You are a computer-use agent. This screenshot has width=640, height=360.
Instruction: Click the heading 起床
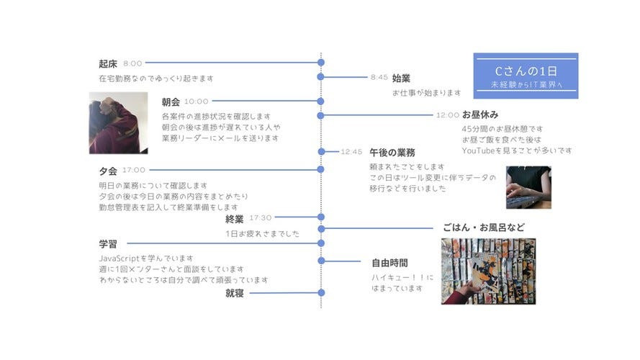[108, 63]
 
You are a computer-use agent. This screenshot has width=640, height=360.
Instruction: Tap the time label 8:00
[133, 63]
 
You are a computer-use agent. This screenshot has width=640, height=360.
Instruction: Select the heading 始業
[401, 77]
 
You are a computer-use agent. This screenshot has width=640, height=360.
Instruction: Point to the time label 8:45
[379, 77]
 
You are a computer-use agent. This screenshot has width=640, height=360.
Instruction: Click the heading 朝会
[171, 102]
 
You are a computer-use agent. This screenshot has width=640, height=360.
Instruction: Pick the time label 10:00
[197, 102]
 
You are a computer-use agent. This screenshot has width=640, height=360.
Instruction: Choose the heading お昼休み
[480, 114]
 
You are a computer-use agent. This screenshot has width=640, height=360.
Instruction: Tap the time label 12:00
[447, 114]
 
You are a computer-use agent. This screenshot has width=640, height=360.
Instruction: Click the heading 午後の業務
[392, 152]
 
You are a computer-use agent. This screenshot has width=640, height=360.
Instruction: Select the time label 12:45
[351, 152]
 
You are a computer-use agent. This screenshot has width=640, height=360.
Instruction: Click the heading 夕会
[108, 171]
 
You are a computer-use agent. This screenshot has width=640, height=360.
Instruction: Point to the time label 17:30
[261, 217]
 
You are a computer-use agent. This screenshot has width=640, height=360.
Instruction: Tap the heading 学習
[108, 243]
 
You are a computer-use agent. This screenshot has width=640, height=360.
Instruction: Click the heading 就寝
[235, 293]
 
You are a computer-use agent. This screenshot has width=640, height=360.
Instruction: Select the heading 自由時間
[389, 262]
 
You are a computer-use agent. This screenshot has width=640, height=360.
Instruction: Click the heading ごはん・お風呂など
[489, 227]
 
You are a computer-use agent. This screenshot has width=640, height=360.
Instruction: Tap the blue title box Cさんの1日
[526, 76]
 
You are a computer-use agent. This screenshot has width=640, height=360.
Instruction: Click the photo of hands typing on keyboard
[528, 187]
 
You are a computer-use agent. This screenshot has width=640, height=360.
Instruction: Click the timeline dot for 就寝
[321, 293]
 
